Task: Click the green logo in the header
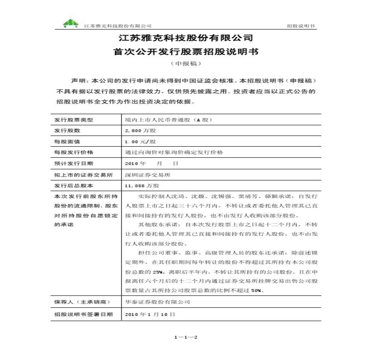71,23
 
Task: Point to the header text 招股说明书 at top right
301,26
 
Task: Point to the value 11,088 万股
141,186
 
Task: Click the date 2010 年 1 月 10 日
150,314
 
